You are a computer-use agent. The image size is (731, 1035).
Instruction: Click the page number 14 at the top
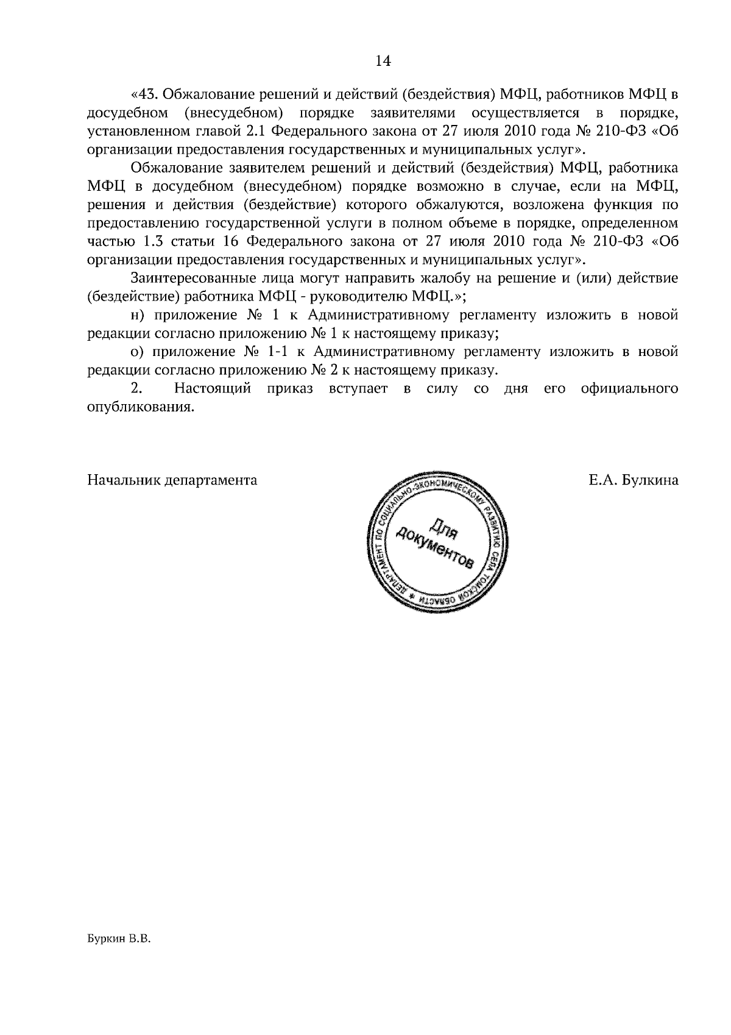pos(383,61)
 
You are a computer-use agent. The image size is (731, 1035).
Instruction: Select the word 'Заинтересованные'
pos(188,279)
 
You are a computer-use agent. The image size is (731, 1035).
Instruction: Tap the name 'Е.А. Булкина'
pos(633,480)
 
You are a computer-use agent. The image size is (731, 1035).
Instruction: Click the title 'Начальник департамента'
pos(172,480)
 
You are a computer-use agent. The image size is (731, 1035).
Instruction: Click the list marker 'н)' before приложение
pos(138,316)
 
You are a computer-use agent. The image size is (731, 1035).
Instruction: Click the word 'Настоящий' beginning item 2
pos(212,389)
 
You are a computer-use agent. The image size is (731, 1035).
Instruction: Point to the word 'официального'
pos(629,389)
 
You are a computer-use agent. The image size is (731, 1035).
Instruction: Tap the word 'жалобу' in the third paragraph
pos(442,279)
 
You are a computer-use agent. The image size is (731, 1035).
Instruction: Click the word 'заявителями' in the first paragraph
pos(418,113)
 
